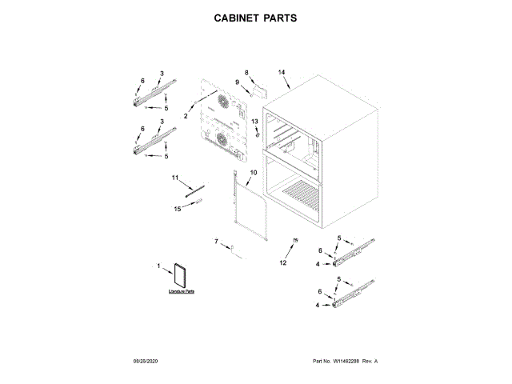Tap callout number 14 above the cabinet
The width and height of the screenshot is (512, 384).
[x=282, y=73]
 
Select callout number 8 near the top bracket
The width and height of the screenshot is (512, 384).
[x=247, y=73]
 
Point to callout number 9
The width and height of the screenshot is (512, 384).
[x=238, y=82]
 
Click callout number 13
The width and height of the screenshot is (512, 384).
[x=255, y=121]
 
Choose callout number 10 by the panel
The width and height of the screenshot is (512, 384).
[x=253, y=173]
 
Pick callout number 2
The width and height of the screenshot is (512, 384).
[x=186, y=117]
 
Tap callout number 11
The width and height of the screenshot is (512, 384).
[x=174, y=177]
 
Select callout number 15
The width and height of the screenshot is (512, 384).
[x=178, y=209]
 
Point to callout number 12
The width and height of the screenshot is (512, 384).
[x=282, y=262]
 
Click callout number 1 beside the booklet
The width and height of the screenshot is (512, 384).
[x=158, y=266]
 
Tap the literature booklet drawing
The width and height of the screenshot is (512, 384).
[x=180, y=275]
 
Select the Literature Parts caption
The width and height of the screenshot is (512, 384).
[x=182, y=293]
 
